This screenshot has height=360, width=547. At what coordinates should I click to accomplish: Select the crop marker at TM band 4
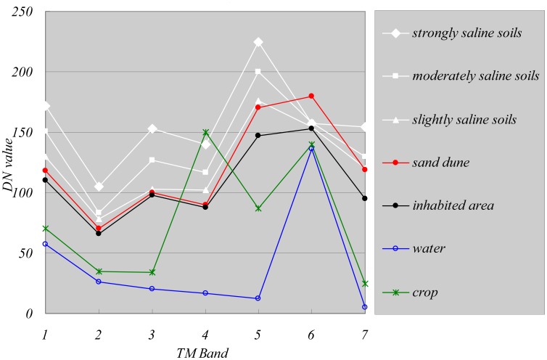pos(205,133)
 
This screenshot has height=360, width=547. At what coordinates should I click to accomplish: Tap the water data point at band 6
pos(311,149)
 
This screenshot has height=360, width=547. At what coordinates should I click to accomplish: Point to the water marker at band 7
pos(364,307)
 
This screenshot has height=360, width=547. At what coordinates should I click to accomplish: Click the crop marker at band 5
pos(258,208)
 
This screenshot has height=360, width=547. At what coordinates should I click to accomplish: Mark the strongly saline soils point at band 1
pos(46,106)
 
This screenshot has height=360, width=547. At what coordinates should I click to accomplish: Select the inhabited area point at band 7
pos(364,198)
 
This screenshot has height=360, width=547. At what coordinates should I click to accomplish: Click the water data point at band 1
pos(46,244)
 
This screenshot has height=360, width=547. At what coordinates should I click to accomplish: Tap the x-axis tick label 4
pos(205,331)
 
